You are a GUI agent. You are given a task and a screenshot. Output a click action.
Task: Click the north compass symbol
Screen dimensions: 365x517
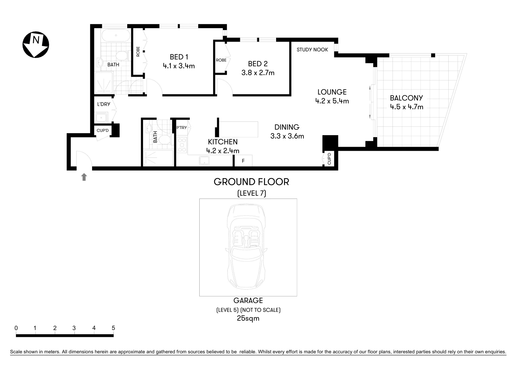[x=36, y=45]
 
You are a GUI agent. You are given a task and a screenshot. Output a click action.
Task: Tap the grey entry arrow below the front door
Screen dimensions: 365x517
[x=84, y=177]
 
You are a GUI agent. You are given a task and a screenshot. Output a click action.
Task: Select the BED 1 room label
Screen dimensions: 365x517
[x=179, y=57]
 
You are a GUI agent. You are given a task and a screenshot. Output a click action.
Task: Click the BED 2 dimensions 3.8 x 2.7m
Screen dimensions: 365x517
[x=258, y=73]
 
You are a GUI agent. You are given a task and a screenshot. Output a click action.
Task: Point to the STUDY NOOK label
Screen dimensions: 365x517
[x=312, y=50]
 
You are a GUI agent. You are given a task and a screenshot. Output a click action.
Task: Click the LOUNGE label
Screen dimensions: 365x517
[x=332, y=92]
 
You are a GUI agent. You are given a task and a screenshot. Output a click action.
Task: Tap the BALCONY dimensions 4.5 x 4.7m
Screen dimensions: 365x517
[x=406, y=107]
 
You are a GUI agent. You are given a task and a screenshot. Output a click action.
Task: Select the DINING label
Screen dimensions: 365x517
[x=287, y=127]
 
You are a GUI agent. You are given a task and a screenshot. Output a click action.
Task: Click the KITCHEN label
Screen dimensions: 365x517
[x=223, y=142]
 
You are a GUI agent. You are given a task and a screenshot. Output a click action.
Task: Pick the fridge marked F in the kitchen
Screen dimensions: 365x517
[x=243, y=161]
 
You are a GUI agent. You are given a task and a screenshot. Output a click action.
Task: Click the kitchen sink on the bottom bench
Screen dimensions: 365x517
[x=204, y=161]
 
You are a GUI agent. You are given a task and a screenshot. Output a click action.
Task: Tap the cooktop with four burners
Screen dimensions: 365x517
[x=182, y=145]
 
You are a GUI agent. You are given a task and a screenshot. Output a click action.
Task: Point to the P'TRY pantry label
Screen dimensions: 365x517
[x=182, y=128]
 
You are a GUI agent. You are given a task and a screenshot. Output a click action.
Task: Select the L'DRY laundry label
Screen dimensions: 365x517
[x=104, y=104]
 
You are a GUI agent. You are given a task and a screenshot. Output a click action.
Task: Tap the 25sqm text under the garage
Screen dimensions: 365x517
[x=248, y=318]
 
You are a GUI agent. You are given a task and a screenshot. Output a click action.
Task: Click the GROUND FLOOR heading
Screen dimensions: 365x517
[x=251, y=182]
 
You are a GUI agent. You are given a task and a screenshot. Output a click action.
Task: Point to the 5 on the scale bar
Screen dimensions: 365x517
[x=113, y=328]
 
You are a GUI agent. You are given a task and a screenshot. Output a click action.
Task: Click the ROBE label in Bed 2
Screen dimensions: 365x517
[x=221, y=60]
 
